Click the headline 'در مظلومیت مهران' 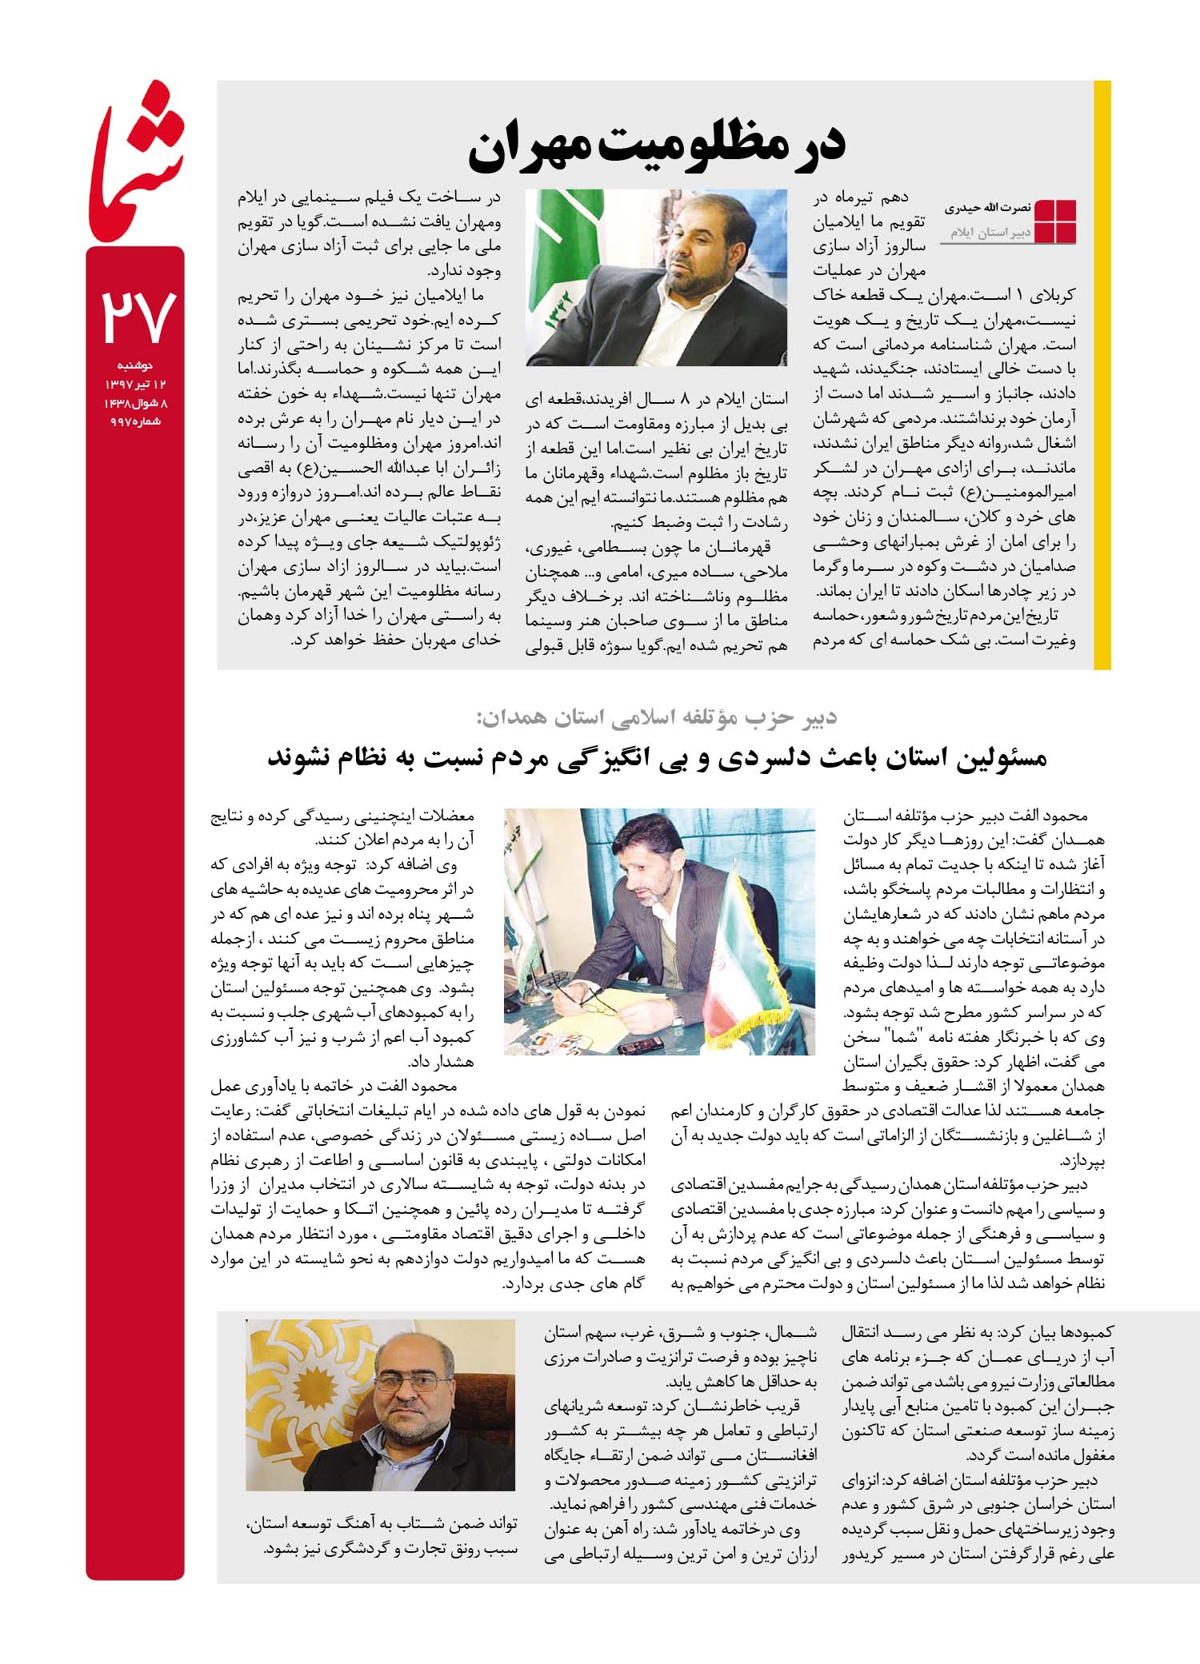click(x=656, y=149)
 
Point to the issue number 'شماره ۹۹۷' click(x=135, y=421)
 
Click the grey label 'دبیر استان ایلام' click(x=985, y=233)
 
